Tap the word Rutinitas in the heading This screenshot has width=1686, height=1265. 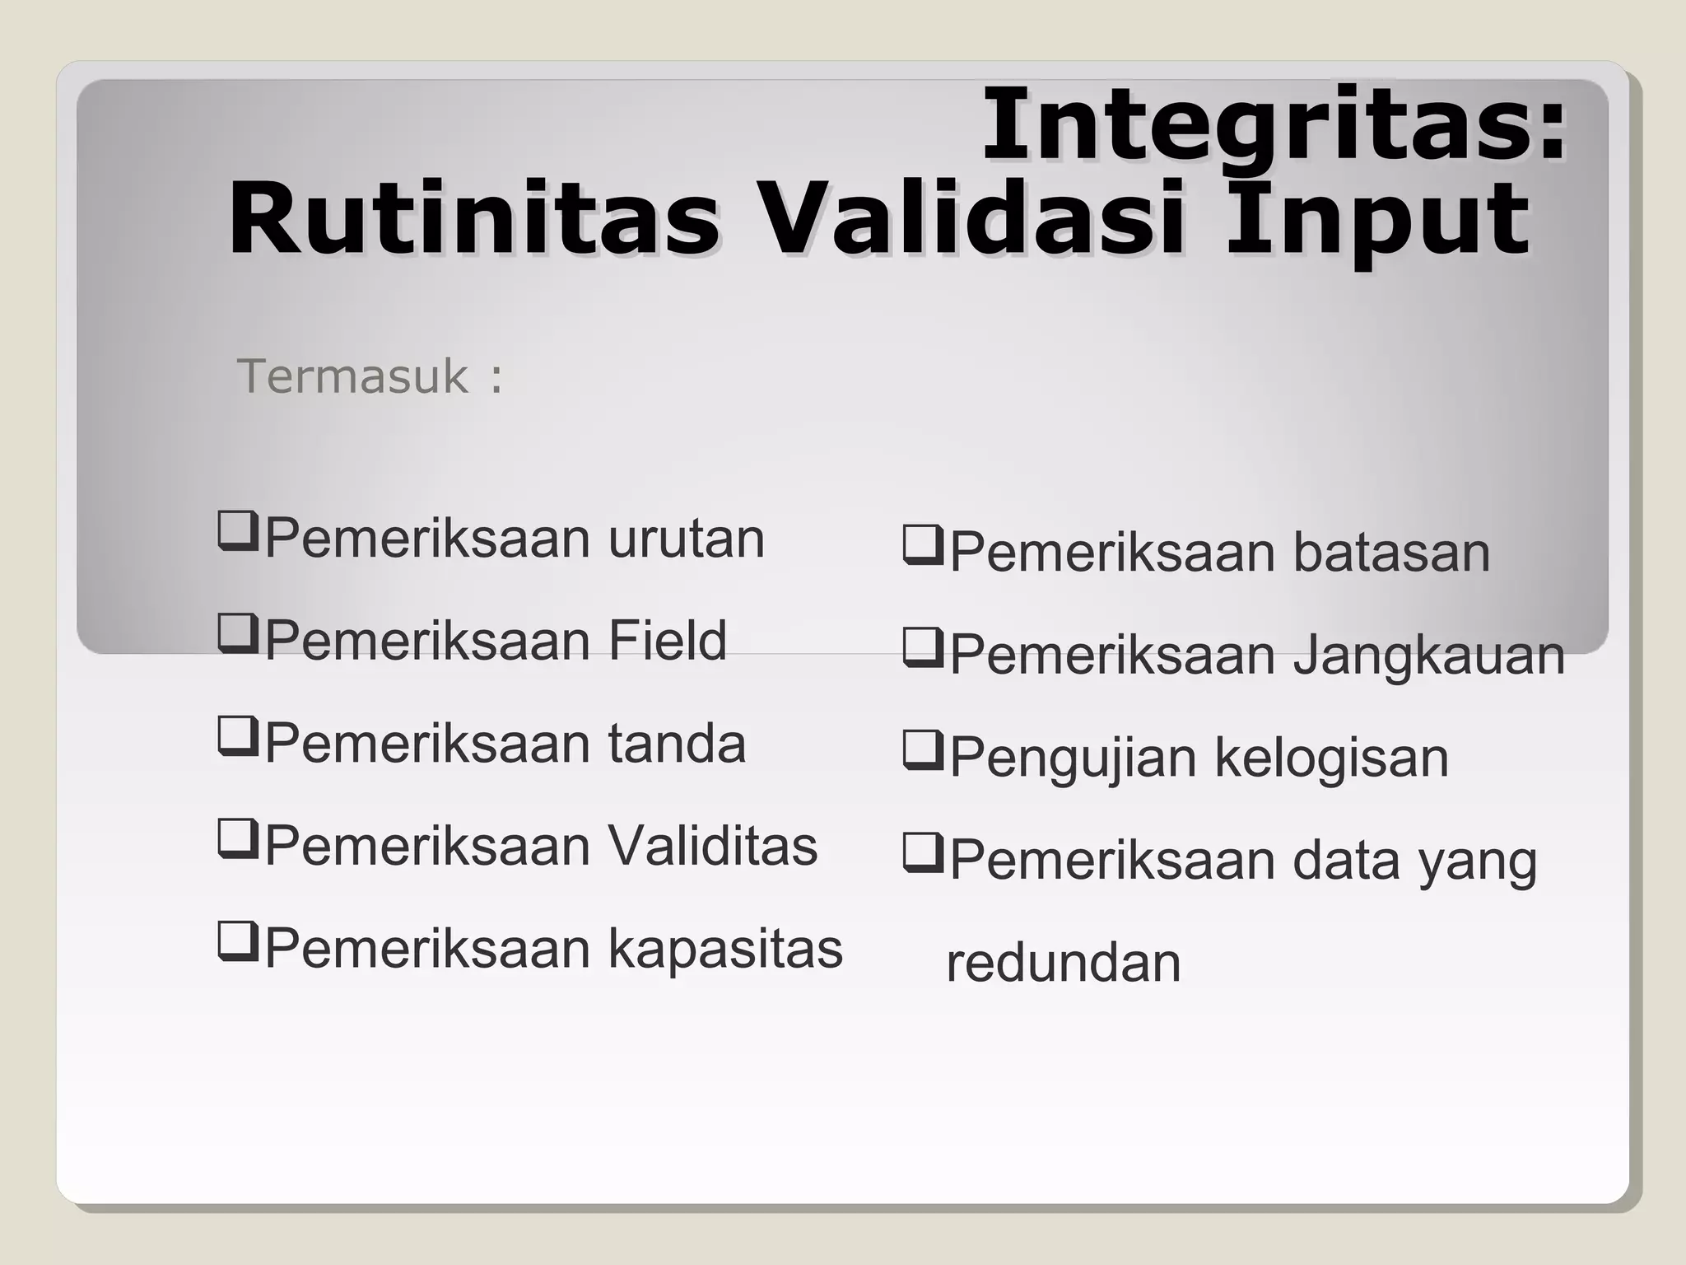tap(473, 221)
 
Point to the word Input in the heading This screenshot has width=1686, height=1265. tap(1377, 221)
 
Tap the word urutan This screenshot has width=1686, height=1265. tap(687, 539)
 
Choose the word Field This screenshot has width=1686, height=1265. tap(668, 641)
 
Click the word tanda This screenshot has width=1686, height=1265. tap(677, 744)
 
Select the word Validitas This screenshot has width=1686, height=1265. tap(713, 846)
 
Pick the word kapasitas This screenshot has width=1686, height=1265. tap(725, 949)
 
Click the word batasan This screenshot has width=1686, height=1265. tap(1391, 553)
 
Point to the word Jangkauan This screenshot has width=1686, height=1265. tap(1428, 656)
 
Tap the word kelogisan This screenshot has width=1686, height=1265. tap(1331, 758)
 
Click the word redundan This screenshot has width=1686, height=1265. tap(1064, 963)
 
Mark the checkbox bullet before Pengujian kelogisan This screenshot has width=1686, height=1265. tap(922, 750)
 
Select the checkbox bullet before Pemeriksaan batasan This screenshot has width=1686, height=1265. tap(922, 545)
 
